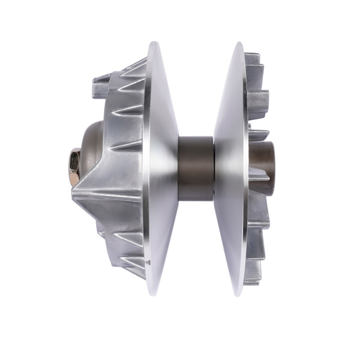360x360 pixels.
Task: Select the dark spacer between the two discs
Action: [x=196, y=169]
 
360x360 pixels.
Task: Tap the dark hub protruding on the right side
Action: [x=265, y=168]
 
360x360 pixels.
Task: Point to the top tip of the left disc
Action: [x=155, y=43]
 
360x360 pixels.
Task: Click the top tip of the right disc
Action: [x=239, y=43]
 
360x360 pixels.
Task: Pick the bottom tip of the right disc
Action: [x=239, y=295]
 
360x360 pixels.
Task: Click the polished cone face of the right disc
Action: [x=231, y=168]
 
